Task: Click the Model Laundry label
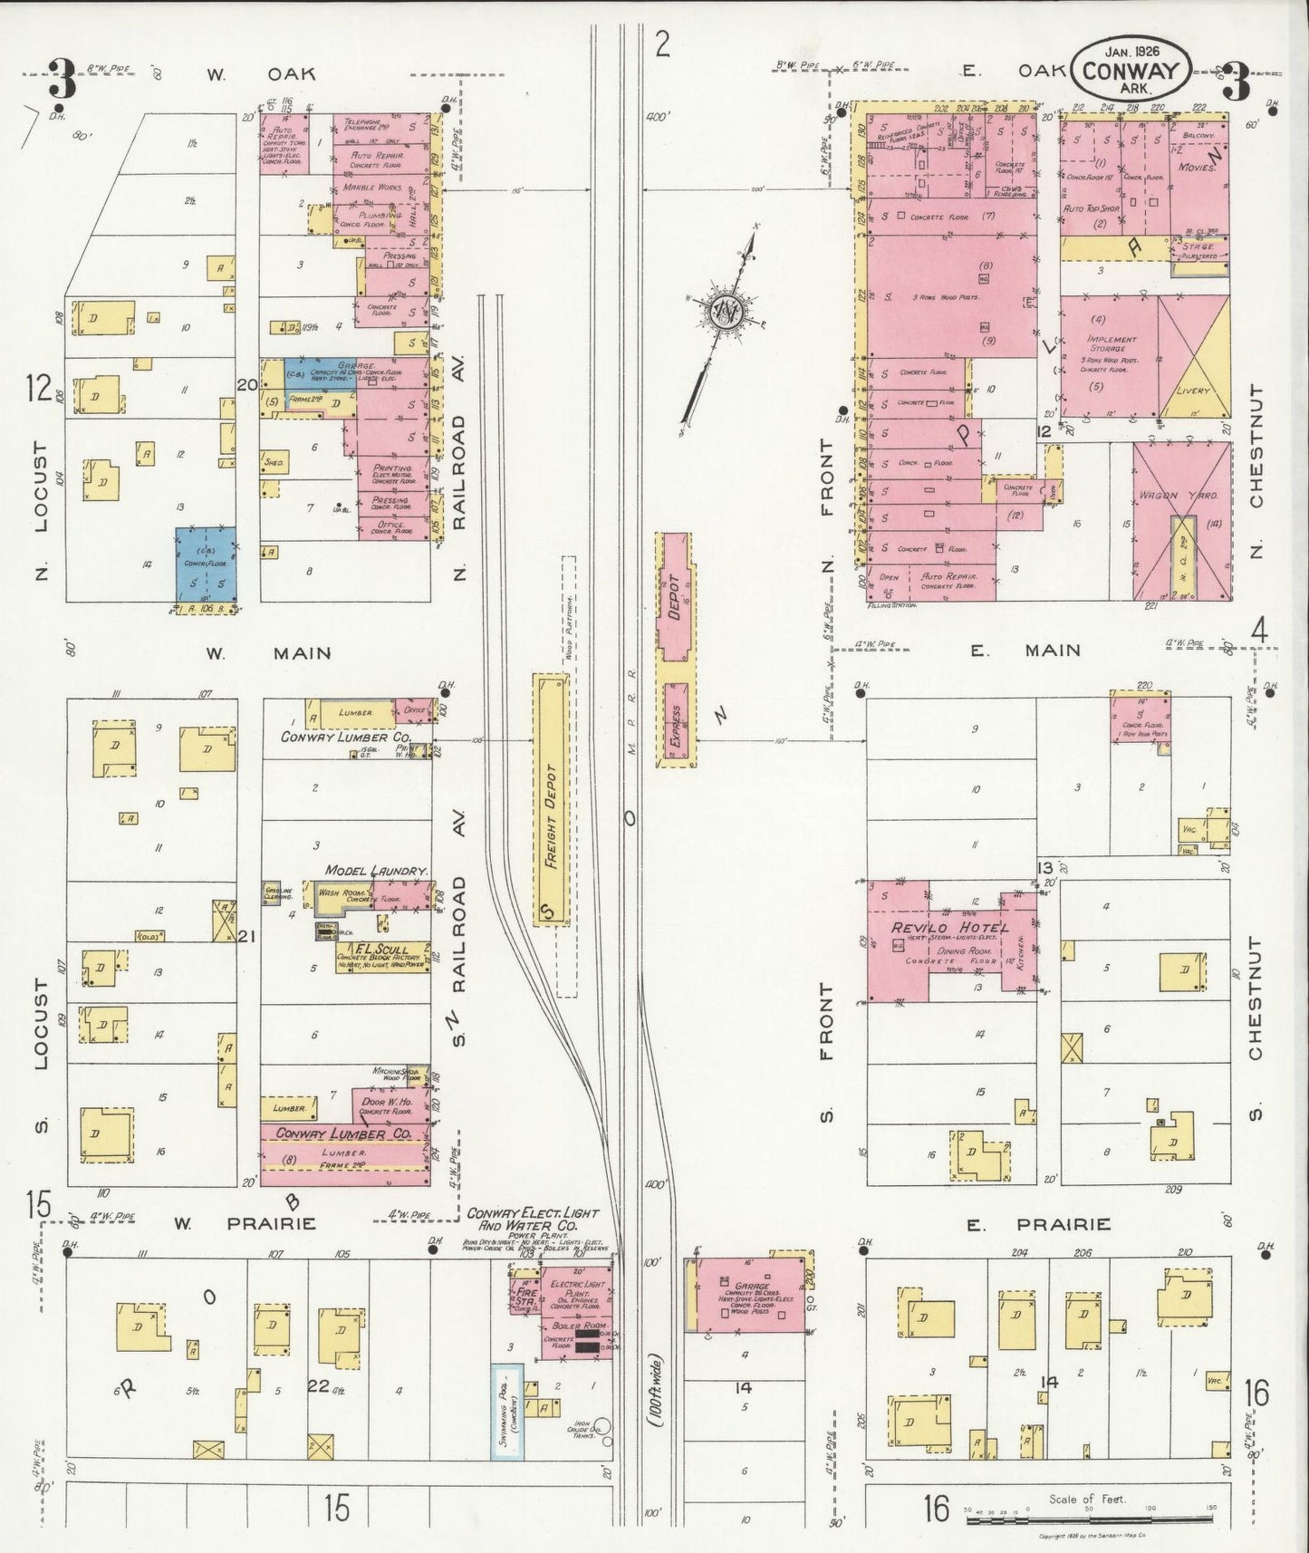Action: (x=375, y=870)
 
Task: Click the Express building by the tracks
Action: (x=675, y=726)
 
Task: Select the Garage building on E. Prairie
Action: (x=750, y=1294)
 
